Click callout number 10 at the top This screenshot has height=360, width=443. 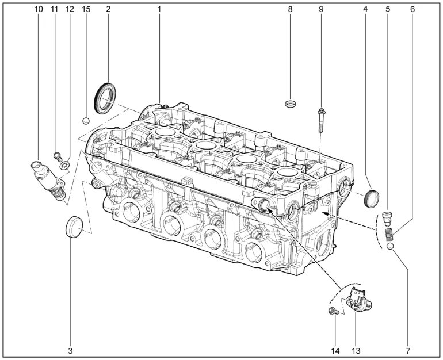click(39, 9)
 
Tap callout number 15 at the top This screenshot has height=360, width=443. click(86, 9)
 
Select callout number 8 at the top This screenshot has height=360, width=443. click(290, 9)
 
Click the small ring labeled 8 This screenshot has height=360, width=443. click(291, 104)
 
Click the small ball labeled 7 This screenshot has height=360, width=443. click(390, 246)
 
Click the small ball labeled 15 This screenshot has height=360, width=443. click(86, 121)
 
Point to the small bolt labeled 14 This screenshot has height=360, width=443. click(333, 311)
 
